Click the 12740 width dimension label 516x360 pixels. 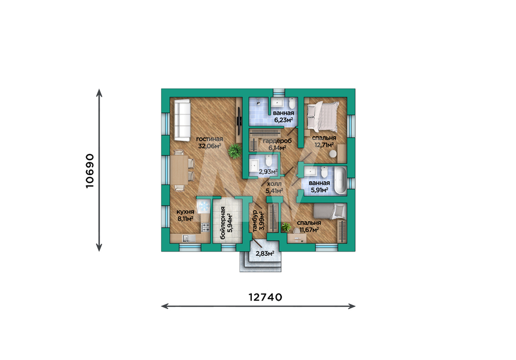point(265,297)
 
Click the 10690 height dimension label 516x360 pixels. point(89,170)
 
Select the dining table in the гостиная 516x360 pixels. point(179,170)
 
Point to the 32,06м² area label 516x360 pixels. point(209,146)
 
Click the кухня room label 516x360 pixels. point(185,211)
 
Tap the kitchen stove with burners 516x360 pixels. point(205,227)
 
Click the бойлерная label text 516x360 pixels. point(223,223)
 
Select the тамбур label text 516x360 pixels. point(254,222)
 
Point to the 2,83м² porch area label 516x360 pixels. point(265,253)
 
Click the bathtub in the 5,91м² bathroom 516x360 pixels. point(340,180)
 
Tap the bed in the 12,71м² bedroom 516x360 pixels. point(322,115)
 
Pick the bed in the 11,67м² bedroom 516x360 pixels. point(329,211)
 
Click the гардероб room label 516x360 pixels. point(277,141)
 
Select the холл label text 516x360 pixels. point(274,184)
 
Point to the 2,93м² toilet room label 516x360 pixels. point(268,171)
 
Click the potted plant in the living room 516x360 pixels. point(235,151)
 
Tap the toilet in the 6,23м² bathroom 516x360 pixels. point(292,103)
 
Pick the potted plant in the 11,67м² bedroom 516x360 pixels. point(286,227)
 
